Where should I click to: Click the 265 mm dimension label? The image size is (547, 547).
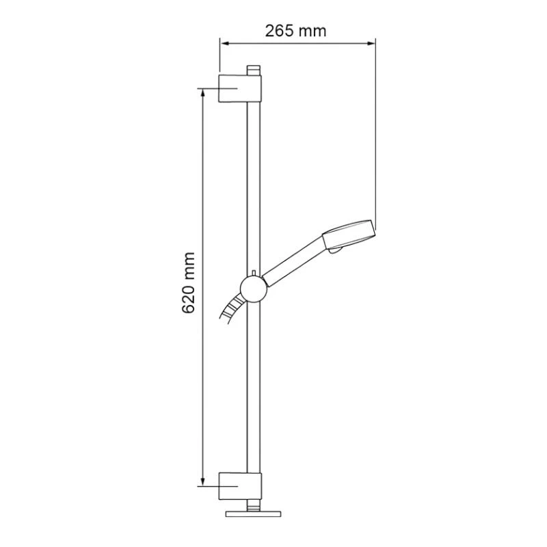[295, 31]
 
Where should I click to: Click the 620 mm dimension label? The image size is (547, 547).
[189, 282]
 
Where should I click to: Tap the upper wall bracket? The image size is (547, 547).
[240, 88]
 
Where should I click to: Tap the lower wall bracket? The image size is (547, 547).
[240, 486]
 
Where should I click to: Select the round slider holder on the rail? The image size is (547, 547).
[254, 288]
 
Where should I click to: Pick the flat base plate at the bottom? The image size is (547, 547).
[253, 514]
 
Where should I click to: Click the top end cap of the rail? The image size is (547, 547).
[254, 70]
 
